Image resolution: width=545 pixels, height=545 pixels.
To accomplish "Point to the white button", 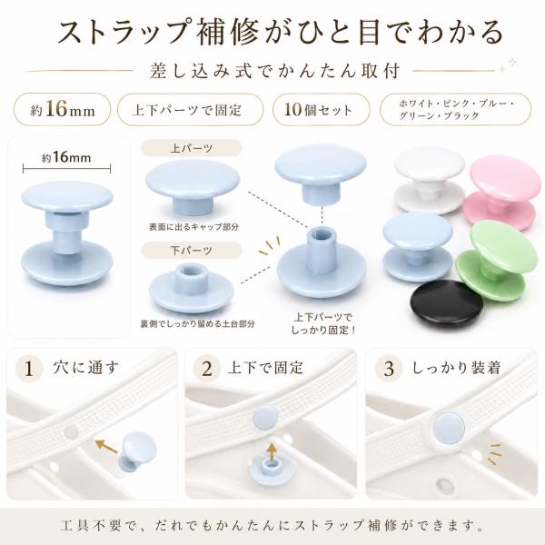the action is point(430,180).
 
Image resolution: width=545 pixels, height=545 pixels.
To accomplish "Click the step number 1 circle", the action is point(29,369).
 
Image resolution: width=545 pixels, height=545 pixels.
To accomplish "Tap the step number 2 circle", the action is point(207,369).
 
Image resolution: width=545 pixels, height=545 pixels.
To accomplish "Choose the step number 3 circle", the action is point(389,369).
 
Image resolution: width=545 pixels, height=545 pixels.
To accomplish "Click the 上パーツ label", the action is point(191,148).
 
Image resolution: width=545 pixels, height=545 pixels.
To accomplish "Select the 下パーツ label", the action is point(191,251).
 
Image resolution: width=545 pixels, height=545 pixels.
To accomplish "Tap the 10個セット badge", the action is point(322,110).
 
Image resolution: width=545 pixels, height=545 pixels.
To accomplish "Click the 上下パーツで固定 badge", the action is point(191,110).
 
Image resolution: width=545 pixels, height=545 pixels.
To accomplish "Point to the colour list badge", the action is point(455,110).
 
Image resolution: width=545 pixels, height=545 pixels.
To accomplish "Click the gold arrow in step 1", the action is point(107,446).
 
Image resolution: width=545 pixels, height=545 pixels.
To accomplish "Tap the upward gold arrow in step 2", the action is point(272,451).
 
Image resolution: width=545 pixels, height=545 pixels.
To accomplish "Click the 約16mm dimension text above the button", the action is point(66,158).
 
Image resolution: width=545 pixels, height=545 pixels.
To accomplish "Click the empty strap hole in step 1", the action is point(72,432).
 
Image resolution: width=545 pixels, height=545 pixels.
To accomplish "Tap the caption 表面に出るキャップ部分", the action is point(194,227).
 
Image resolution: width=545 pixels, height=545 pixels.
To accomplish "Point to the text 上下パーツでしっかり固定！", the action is point(323,323).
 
